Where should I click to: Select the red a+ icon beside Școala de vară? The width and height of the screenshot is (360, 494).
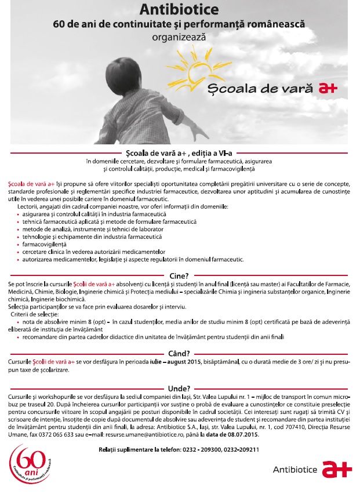[328, 89]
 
